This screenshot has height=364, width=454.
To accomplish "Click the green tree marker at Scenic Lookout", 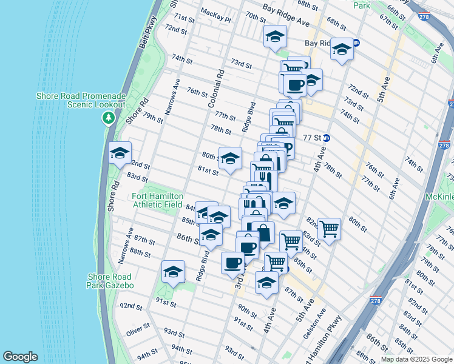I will click(x=109, y=117).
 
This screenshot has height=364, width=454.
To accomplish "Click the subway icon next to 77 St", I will click(x=326, y=138).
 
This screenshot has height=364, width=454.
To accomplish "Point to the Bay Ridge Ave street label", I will click(x=286, y=15).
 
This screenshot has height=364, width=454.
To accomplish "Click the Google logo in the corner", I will click(x=20, y=357).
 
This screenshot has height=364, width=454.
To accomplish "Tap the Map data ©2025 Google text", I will click(x=416, y=359).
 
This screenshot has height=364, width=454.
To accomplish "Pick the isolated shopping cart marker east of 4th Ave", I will click(x=329, y=229).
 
